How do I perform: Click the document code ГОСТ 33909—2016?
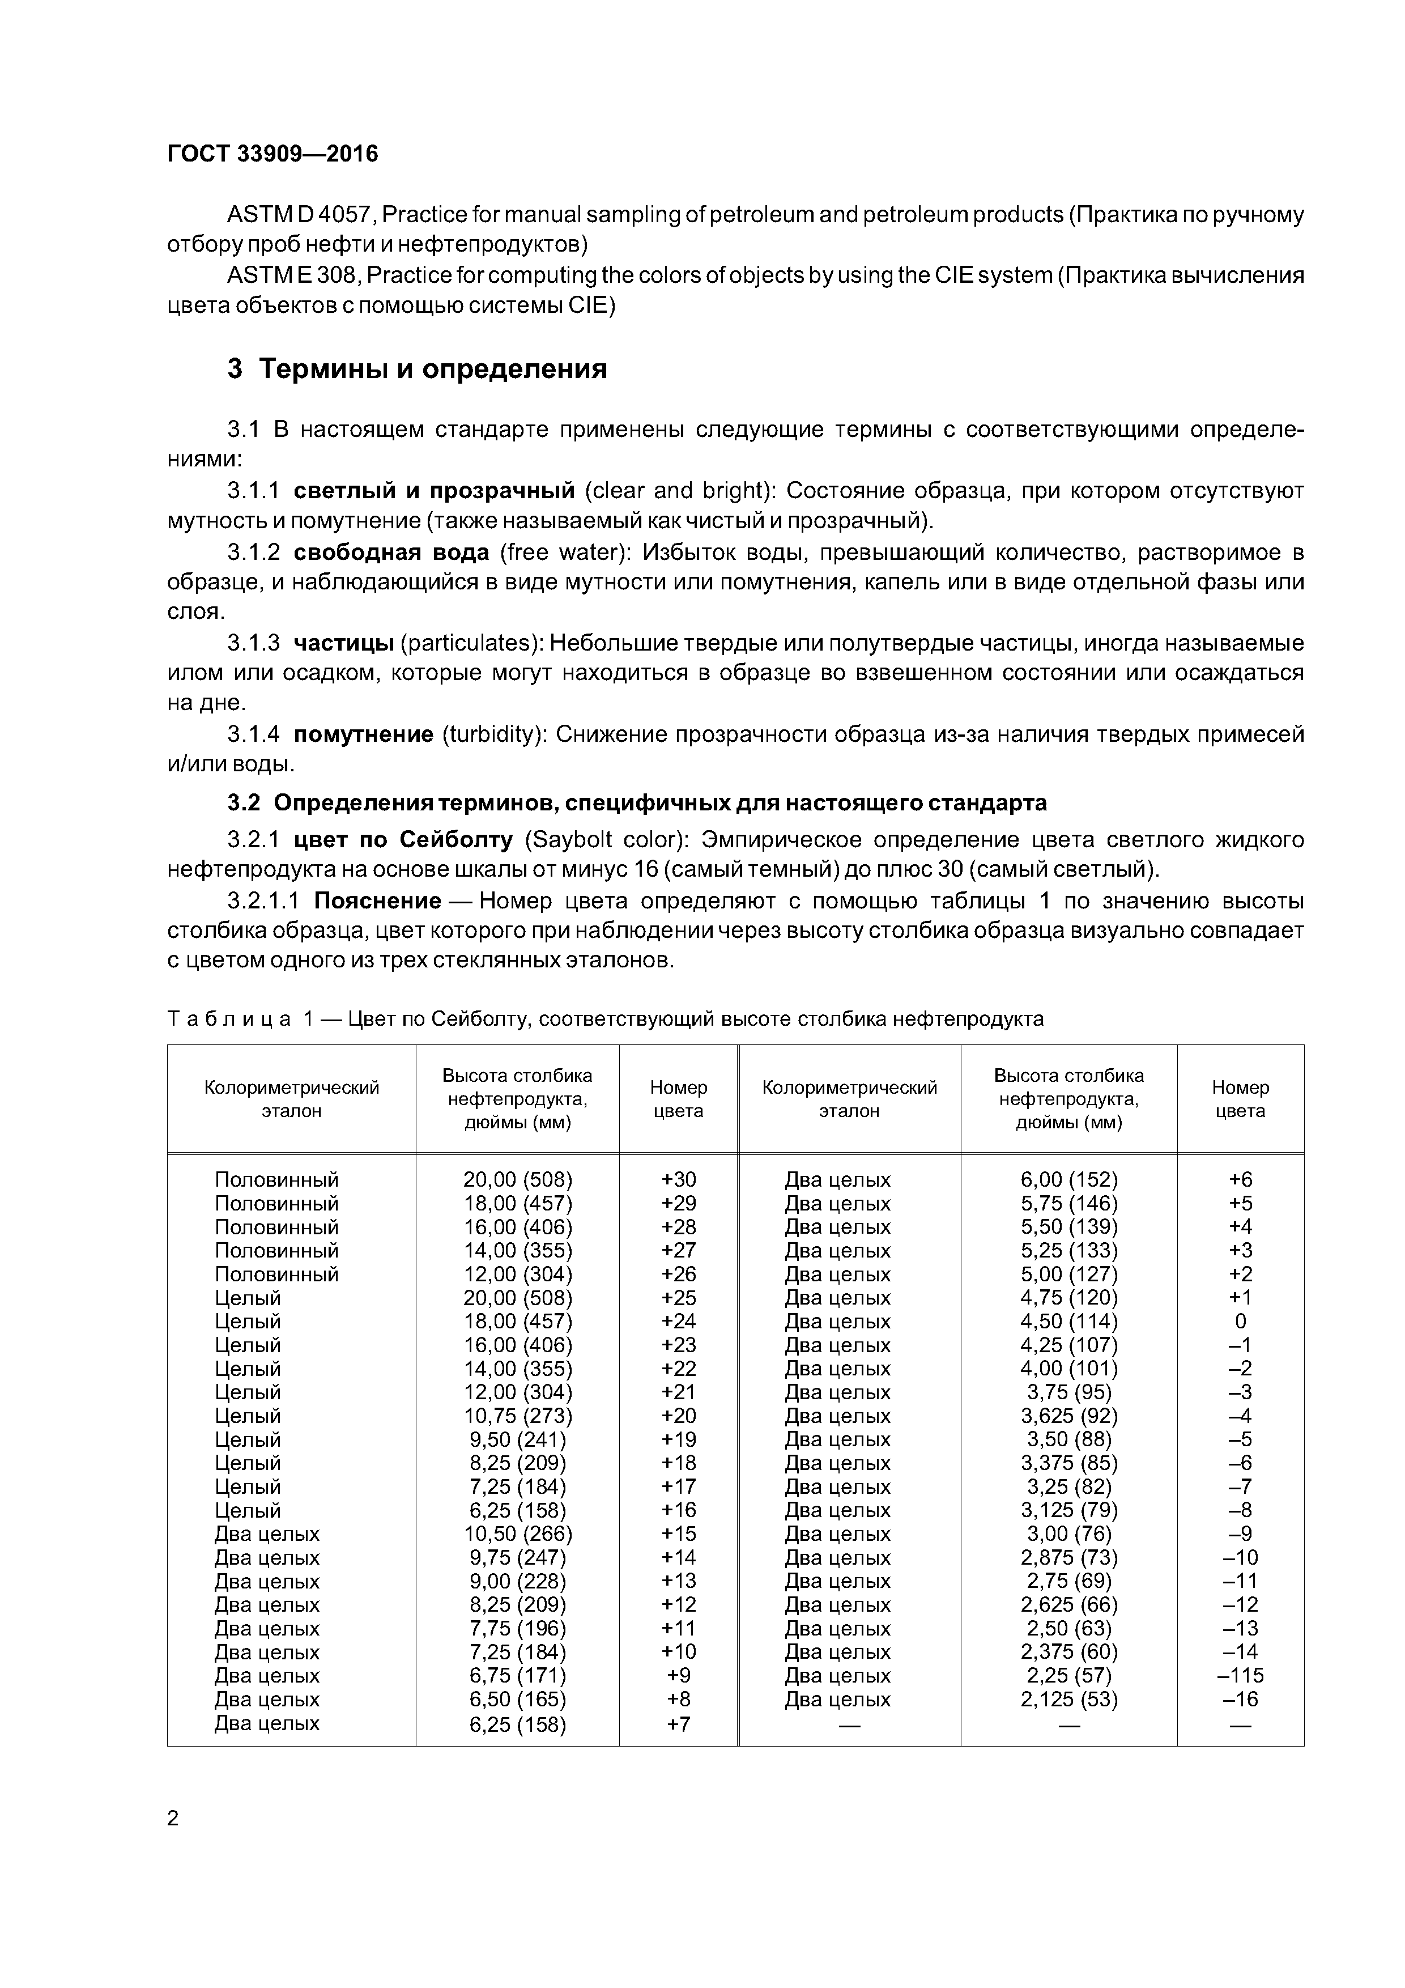(x=273, y=154)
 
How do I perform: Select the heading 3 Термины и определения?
(x=418, y=369)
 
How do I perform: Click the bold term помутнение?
(x=364, y=735)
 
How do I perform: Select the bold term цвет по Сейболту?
(x=403, y=840)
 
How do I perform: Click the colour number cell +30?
(x=679, y=1180)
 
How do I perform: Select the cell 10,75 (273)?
(x=518, y=1417)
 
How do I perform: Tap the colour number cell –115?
(x=1241, y=1675)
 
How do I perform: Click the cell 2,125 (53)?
(x=1069, y=1700)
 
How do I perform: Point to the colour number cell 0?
(x=1241, y=1322)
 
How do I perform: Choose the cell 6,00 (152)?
(x=1069, y=1180)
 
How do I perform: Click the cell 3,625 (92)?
(x=1069, y=1417)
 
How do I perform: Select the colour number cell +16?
(x=679, y=1511)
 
